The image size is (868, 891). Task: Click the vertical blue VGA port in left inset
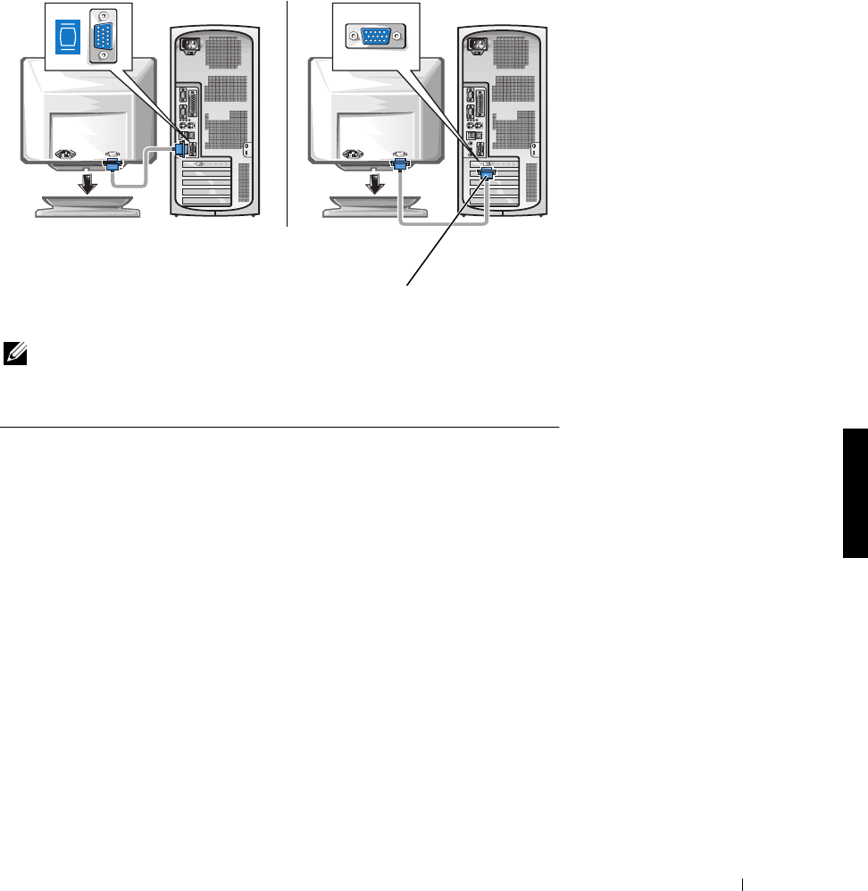(104, 36)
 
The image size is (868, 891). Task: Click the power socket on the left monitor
(67, 154)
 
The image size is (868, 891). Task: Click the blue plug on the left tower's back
(182, 153)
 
